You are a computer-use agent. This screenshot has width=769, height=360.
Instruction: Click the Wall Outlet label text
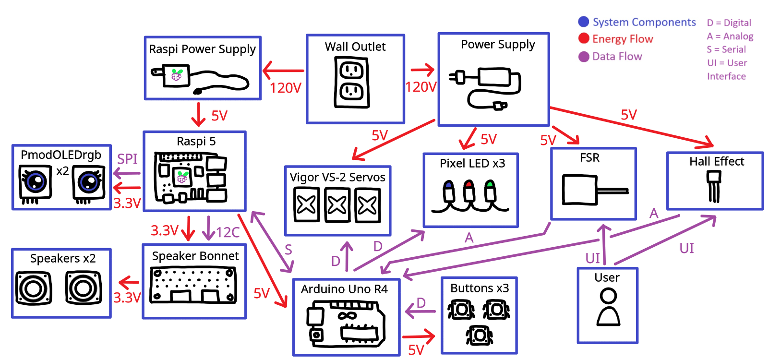pos(355,47)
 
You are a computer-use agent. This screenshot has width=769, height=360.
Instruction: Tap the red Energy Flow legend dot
pos(584,39)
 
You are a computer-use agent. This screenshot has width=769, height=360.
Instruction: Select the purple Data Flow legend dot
pos(584,57)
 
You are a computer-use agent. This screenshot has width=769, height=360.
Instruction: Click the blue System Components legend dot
pos(584,22)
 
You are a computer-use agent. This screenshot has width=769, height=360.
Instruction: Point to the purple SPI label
pos(127,159)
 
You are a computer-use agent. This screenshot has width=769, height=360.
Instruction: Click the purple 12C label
pos(228,232)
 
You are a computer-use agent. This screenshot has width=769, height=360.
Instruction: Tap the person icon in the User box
pos(608,307)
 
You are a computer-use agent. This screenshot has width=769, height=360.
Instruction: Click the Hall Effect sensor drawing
pos(714,185)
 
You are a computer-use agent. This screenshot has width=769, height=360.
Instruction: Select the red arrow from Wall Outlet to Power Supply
pos(422,70)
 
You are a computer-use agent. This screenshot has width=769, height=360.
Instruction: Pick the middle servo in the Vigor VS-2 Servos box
pos(337,205)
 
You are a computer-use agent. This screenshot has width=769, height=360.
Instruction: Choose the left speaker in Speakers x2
pos(33,288)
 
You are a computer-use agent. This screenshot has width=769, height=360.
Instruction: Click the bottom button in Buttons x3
pos(479,335)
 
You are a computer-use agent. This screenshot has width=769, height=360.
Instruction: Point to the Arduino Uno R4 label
pos(344,289)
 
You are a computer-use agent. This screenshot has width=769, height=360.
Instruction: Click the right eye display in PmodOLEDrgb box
pos(89,182)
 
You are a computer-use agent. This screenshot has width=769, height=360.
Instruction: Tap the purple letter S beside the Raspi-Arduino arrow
pos(288,250)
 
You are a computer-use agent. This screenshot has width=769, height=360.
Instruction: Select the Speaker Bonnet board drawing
pos(193,285)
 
